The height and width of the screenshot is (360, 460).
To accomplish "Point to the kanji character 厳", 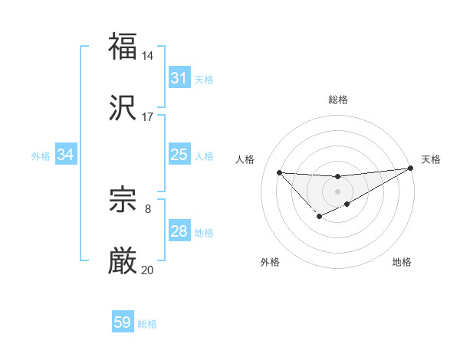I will pyautogui.click(x=123, y=263).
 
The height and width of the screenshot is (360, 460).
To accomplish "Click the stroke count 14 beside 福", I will pyautogui.click(x=148, y=56).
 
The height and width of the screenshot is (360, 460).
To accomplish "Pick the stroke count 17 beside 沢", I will pyautogui.click(x=148, y=117).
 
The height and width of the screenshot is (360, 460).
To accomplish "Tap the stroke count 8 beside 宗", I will pyautogui.click(x=148, y=208).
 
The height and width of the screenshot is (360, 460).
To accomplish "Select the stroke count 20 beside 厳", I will pyautogui.click(x=148, y=270).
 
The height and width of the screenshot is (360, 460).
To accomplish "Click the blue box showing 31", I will pyautogui.click(x=179, y=78).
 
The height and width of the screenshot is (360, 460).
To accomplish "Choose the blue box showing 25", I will pyautogui.click(x=179, y=155).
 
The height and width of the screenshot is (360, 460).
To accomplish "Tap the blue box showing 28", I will pyautogui.click(x=179, y=232).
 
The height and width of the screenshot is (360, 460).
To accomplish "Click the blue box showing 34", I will pyautogui.click(x=66, y=155).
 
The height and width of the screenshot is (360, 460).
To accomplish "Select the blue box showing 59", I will pyautogui.click(x=123, y=323).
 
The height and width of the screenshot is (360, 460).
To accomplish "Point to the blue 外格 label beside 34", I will pyautogui.click(x=41, y=156).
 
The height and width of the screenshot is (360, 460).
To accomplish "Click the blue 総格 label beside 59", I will pyautogui.click(x=147, y=324).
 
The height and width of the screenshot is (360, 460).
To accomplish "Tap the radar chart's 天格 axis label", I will pyautogui.click(x=431, y=159).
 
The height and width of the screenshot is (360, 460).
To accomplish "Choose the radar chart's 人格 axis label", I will pyautogui.click(x=245, y=159).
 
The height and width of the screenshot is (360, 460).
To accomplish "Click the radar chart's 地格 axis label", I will pyautogui.click(x=402, y=263).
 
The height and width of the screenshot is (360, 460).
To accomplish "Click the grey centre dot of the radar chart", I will pyautogui.click(x=337, y=191).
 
